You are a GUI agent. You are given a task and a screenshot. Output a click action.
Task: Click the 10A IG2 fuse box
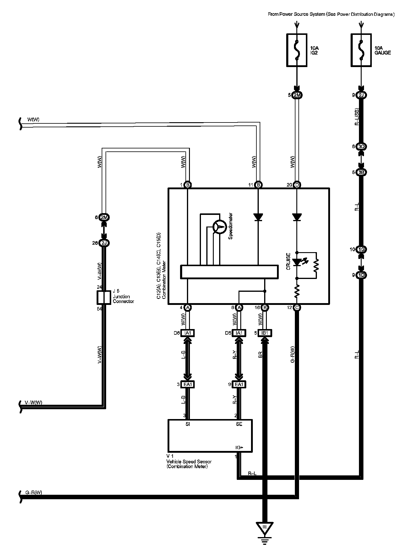coord(297,50)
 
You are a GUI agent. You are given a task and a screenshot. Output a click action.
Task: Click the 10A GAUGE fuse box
coord(361,50)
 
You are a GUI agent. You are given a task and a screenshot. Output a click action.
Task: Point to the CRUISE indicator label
coord(288,261)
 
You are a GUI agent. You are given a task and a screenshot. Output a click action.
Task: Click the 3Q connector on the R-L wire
coord(361,147)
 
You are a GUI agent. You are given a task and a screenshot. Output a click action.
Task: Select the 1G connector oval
coord(361,249)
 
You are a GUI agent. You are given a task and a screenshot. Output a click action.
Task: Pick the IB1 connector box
coord(265,333)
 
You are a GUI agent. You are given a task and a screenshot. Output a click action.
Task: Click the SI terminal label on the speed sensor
coord(188,424)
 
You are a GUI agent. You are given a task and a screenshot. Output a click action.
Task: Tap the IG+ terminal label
coord(240,448)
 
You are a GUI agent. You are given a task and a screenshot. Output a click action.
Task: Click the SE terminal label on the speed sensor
coord(239,424)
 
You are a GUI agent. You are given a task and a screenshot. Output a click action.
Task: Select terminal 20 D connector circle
coord(297,185)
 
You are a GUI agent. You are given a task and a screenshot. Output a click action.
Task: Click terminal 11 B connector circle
coord(258,185)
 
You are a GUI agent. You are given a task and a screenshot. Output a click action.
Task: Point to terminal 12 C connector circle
coord(297,307)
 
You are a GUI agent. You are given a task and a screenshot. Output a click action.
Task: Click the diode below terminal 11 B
coord(258,217)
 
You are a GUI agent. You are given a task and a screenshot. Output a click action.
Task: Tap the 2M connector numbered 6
coord(104,217)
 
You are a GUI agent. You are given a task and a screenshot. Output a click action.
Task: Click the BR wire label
coord(260,354)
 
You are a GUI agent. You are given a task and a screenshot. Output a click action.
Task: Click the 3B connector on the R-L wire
coord(361,172)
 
